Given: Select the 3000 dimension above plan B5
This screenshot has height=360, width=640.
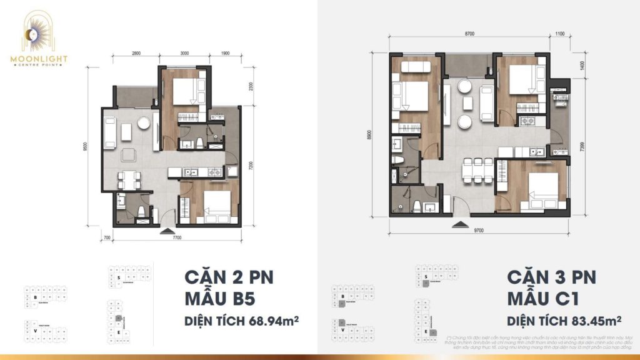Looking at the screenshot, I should tap(184, 54).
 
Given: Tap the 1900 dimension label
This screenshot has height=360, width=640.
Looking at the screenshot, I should tap(225, 54).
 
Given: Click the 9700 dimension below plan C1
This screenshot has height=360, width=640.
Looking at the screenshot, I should tap(479, 230).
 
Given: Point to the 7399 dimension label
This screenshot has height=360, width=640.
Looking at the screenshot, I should tap(582, 147).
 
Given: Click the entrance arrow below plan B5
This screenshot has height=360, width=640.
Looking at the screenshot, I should tap(167, 230).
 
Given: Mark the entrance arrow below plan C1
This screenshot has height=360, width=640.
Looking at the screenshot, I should tap(459, 222).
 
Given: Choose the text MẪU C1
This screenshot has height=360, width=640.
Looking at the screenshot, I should tap(542, 297).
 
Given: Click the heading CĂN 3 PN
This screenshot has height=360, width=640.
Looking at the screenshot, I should tap(551, 276).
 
